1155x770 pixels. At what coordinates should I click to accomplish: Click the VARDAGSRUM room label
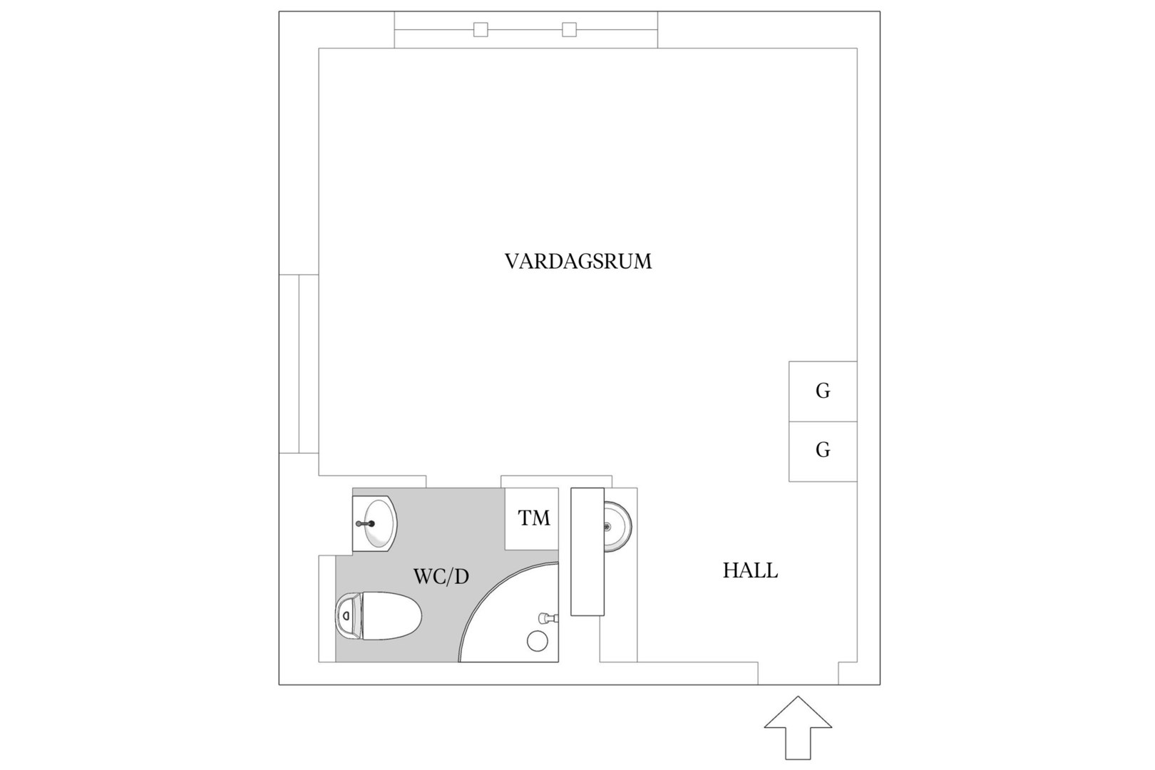[x=578, y=262]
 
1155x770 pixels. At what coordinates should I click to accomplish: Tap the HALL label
[x=750, y=570]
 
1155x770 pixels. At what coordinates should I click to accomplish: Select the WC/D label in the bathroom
[x=441, y=577]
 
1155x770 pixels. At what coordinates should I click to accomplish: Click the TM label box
[x=532, y=519]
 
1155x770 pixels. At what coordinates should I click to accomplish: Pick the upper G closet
[x=823, y=391]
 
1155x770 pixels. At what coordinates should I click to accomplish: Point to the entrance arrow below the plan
[x=798, y=727]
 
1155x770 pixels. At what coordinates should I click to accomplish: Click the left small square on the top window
[x=481, y=29]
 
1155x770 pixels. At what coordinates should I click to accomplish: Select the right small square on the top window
[x=569, y=29]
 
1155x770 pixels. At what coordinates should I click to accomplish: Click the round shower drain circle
[x=538, y=641]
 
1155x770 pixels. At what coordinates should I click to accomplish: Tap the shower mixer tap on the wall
[x=548, y=617]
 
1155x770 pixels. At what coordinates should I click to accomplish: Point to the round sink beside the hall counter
[x=617, y=526]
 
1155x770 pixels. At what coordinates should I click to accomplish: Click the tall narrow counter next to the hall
[x=587, y=551]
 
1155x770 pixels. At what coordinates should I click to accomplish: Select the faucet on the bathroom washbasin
[x=365, y=523]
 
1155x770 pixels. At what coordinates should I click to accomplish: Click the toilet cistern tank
[x=349, y=616]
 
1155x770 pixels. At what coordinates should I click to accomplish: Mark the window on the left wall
[x=299, y=364]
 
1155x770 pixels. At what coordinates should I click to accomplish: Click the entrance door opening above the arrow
[x=799, y=673]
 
